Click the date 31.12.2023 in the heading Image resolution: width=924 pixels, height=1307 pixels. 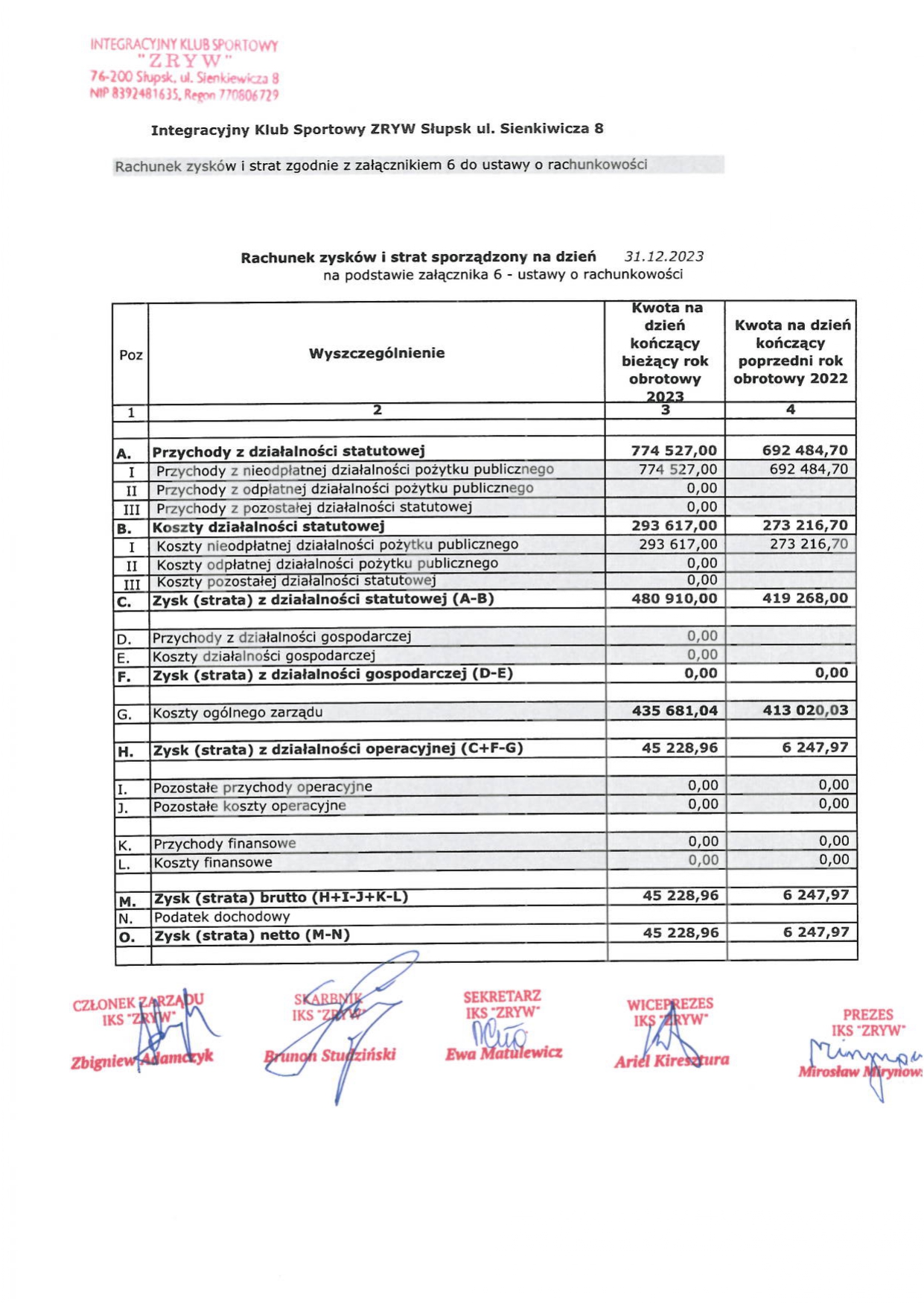pyautogui.click(x=663, y=256)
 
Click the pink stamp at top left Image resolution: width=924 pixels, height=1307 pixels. pyautogui.click(x=184, y=69)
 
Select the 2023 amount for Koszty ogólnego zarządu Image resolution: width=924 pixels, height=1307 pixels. pyautogui.click(x=675, y=710)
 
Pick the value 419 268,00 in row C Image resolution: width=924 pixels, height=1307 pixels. pyautogui.click(x=805, y=598)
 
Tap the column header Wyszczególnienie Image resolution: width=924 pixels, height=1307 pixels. pyautogui.click(x=377, y=353)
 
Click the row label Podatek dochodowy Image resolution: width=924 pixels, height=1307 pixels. pyautogui.click(x=222, y=917)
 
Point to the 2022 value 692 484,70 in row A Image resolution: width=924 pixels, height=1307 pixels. pyautogui.click(x=805, y=450)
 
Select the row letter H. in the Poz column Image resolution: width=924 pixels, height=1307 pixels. pyautogui.click(x=126, y=751)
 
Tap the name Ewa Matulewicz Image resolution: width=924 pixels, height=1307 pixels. pyautogui.click(x=504, y=1054)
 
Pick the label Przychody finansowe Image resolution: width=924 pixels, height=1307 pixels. pyautogui.click(x=225, y=844)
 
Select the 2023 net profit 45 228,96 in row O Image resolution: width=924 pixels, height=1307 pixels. pyautogui.click(x=681, y=932)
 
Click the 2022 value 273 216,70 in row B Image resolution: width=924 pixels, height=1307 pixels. pyautogui.click(x=805, y=525)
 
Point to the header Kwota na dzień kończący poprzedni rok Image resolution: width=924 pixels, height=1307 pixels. pyautogui.click(x=791, y=352)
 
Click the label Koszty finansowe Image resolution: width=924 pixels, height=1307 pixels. pyautogui.click(x=213, y=862)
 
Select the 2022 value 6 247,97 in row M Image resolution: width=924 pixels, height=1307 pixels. pyautogui.click(x=815, y=894)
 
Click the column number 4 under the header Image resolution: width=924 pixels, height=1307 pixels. pyautogui.click(x=791, y=410)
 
